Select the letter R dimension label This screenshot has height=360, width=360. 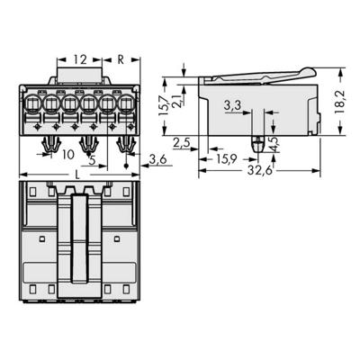pos(122,60)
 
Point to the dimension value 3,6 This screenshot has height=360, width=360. pos(157,159)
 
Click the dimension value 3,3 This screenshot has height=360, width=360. pos(233,106)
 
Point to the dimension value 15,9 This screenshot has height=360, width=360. pos(227,160)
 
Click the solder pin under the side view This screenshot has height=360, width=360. pos(258,142)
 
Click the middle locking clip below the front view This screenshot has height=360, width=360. pos(87,143)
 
